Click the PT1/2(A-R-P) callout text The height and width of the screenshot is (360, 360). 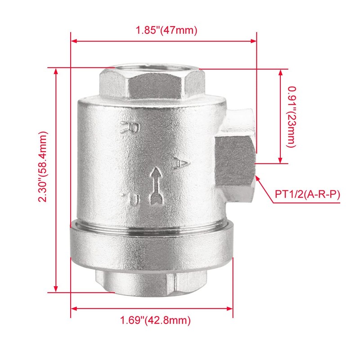coord(307,194)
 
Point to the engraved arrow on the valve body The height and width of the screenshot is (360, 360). coord(156,185)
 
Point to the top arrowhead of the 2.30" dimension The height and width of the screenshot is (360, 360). coord(56,72)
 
